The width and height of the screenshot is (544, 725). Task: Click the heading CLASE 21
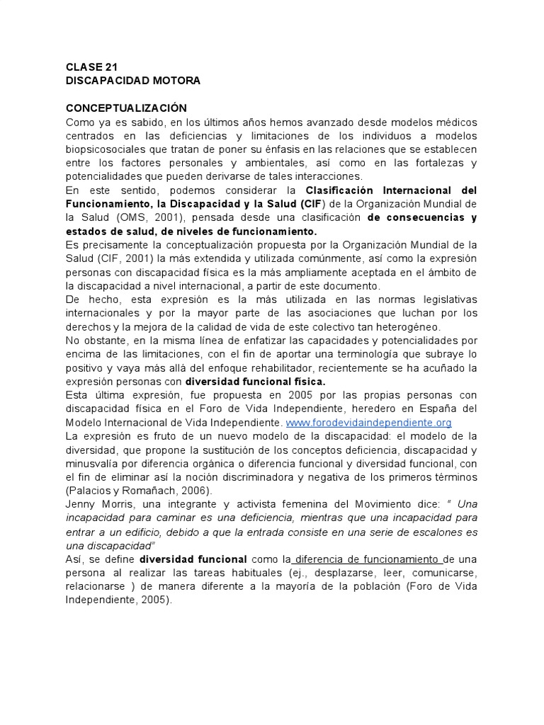pyautogui.click(x=91, y=67)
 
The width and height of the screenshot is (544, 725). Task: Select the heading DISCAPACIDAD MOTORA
pyautogui.click(x=133, y=81)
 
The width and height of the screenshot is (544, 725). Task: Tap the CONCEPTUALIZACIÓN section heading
pyautogui.click(x=126, y=108)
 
